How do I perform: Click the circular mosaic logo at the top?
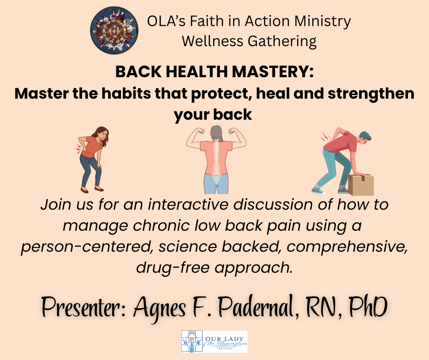115,31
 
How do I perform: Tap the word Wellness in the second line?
213,41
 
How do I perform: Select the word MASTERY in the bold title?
273,72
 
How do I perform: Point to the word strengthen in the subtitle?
371,94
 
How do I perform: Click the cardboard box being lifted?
361,185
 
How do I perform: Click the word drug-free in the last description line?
173,268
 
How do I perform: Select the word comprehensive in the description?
347,247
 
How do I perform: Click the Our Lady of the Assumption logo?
214,341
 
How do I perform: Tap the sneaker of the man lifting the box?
319,191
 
